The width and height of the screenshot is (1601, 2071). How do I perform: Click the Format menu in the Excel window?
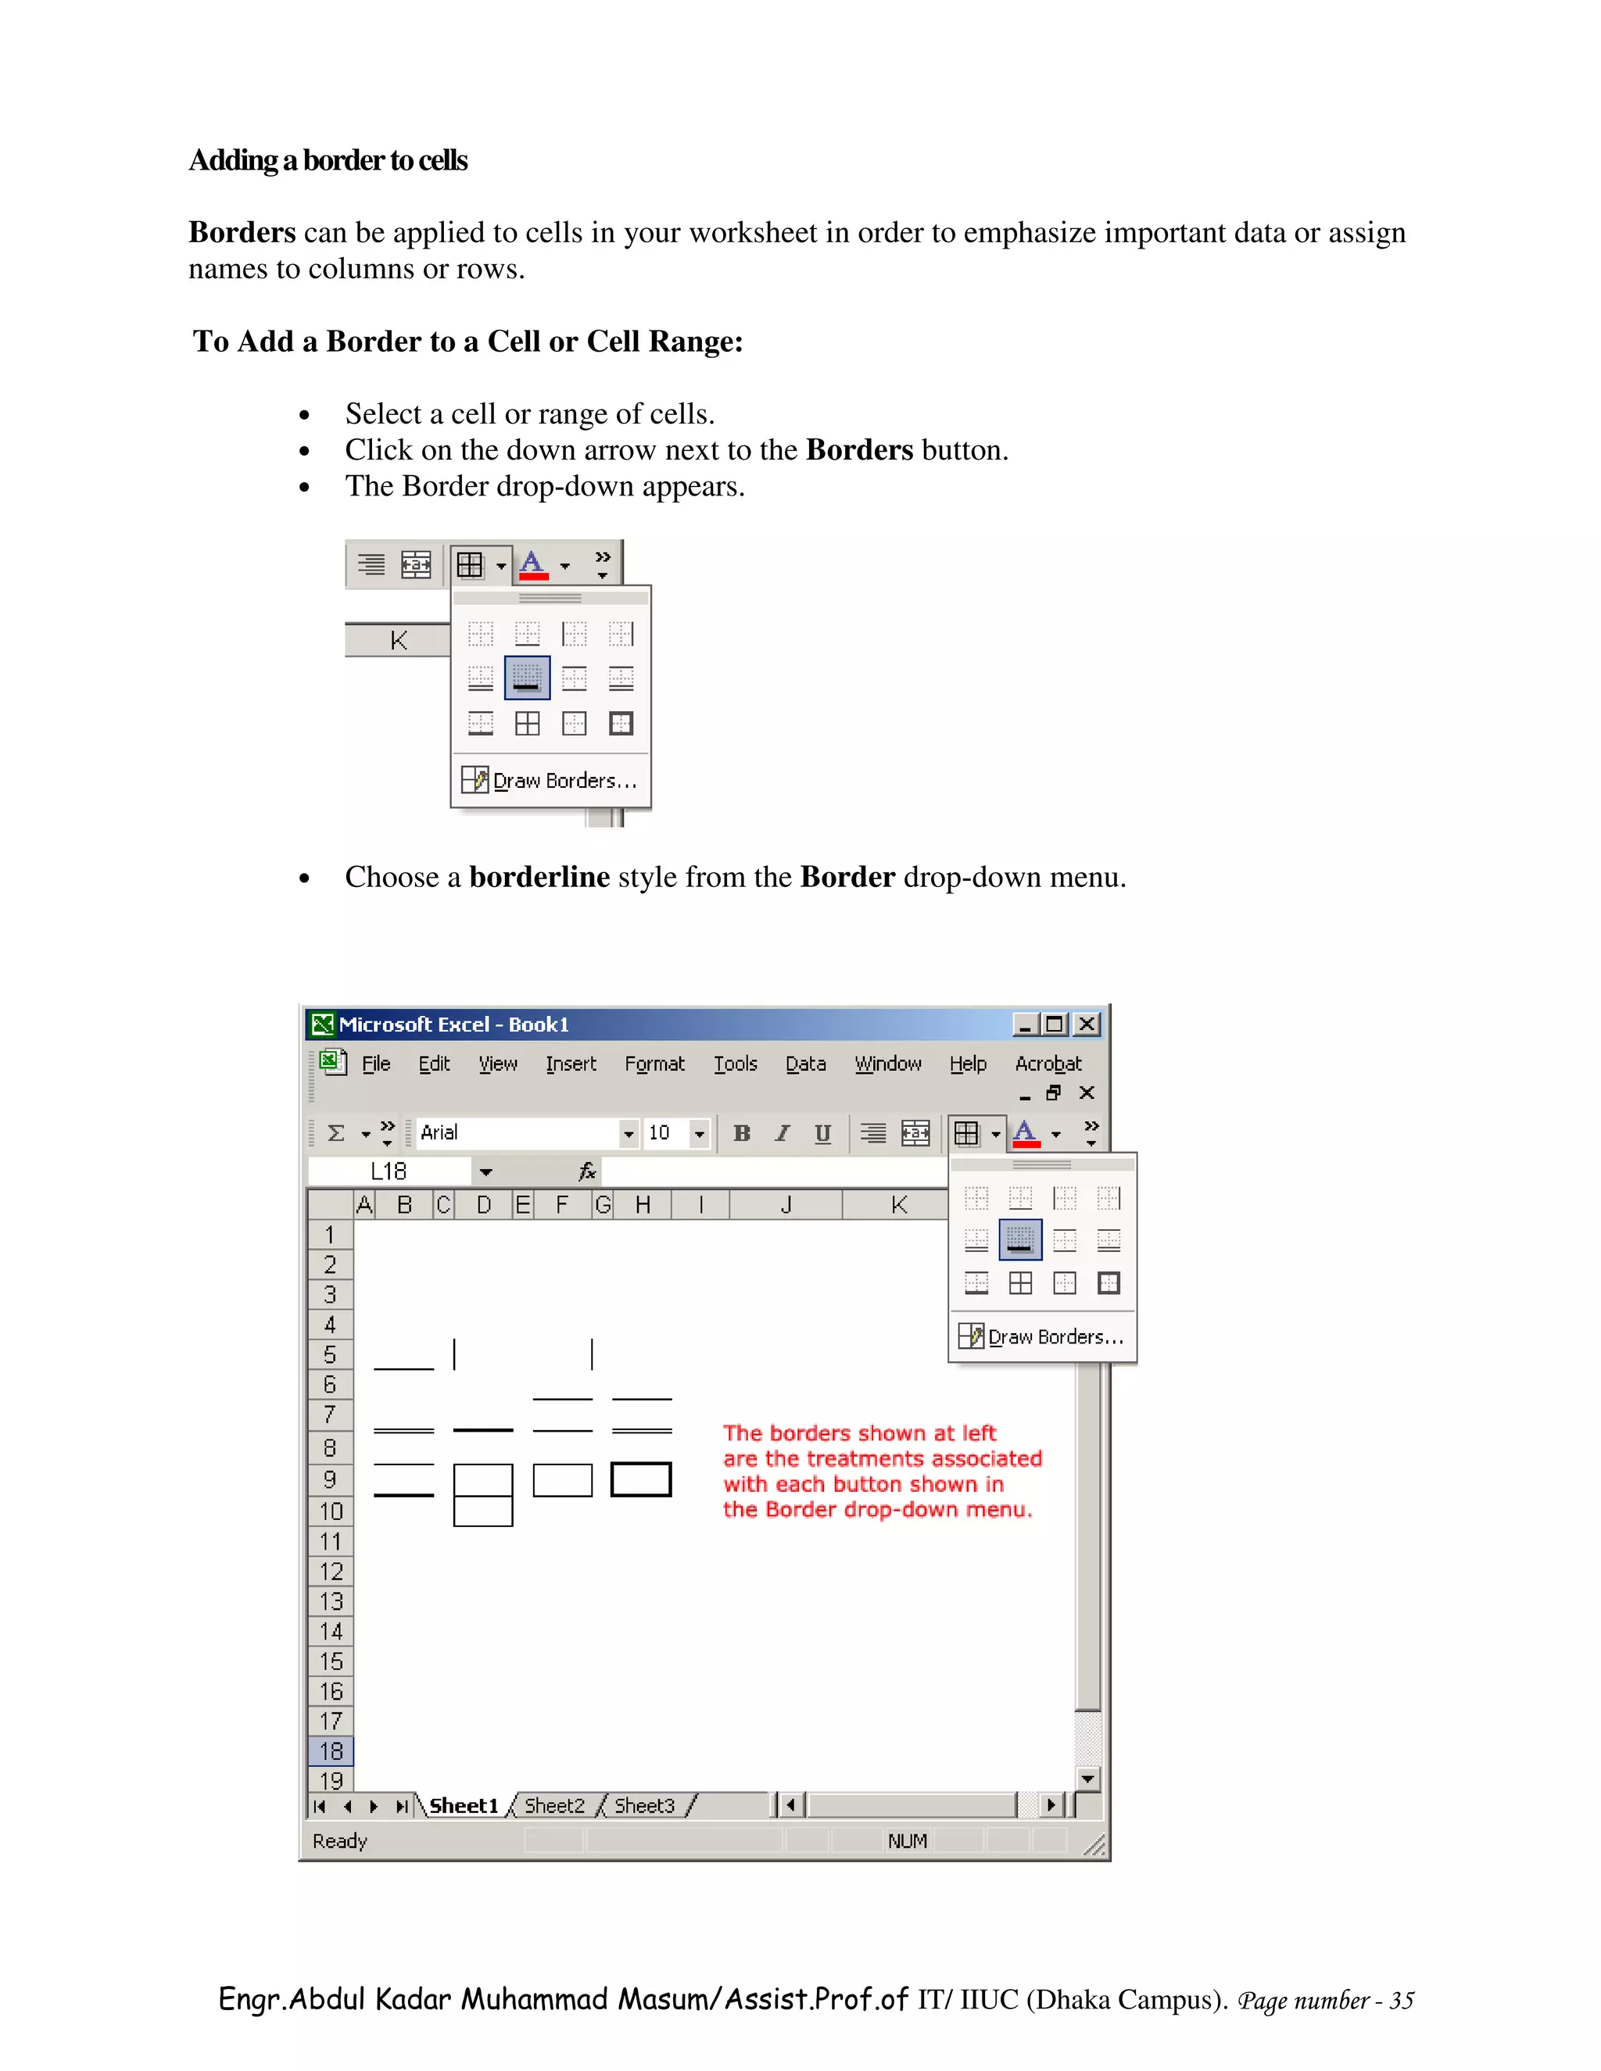tap(654, 1064)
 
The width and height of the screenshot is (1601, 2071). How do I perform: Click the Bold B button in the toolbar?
tap(742, 1133)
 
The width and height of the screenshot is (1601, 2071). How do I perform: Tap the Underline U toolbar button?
tap(822, 1133)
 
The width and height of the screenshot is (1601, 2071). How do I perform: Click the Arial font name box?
tap(517, 1133)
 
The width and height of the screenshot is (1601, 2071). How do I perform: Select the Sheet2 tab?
tap(554, 1805)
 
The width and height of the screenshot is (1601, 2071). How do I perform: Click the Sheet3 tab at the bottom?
tap(644, 1805)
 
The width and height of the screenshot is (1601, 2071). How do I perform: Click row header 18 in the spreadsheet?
tap(330, 1751)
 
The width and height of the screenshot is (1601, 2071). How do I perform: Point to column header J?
tap(786, 1205)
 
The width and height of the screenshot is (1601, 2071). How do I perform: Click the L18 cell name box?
tap(389, 1172)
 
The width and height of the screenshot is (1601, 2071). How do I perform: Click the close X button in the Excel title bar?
tap(1087, 1024)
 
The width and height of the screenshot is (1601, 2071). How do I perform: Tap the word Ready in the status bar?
tap(339, 1841)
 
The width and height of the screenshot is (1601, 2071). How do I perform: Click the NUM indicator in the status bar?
tap(907, 1841)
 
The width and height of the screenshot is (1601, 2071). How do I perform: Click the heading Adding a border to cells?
tap(328, 160)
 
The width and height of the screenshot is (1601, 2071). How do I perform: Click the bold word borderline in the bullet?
tap(539, 877)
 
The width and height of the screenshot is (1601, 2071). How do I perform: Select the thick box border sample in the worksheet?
tap(641, 1479)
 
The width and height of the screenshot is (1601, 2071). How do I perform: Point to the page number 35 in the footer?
tap(1401, 2001)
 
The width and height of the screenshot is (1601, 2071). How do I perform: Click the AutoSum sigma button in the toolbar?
tap(335, 1133)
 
